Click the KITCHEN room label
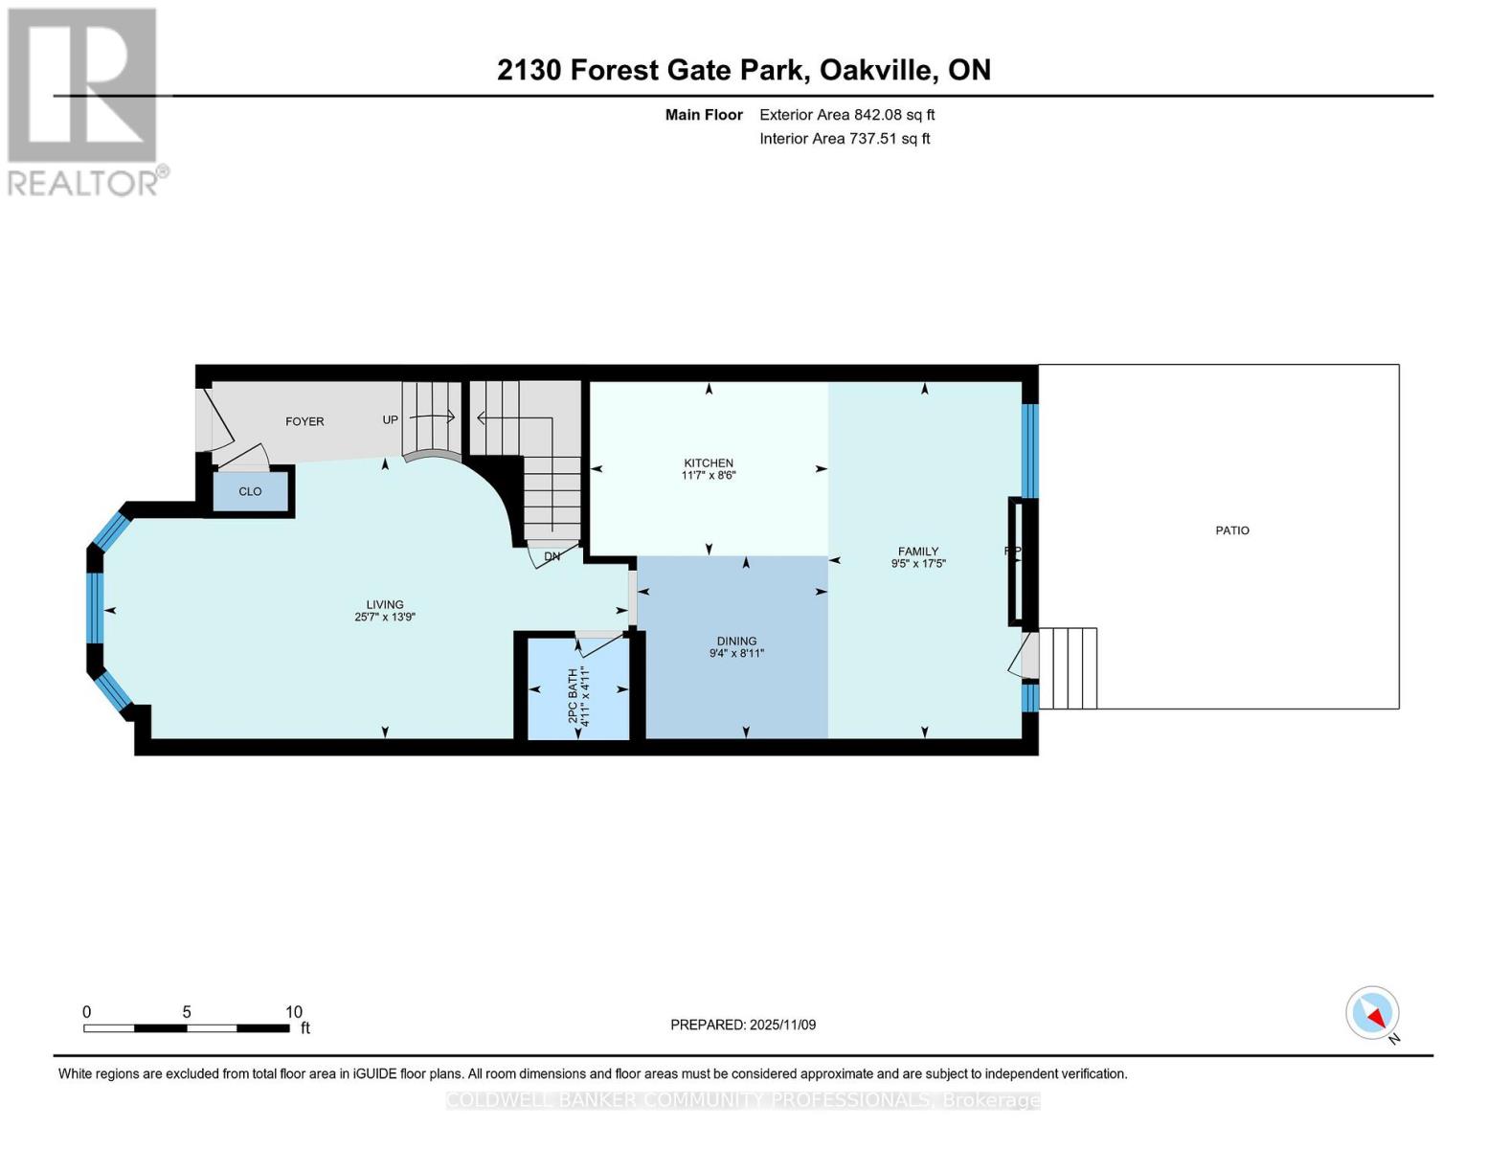(709, 463)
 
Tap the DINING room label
(736, 642)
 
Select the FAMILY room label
(917, 552)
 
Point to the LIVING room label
(385, 605)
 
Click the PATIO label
(1232, 530)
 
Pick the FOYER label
(304, 421)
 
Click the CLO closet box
(250, 491)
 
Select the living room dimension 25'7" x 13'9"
(385, 618)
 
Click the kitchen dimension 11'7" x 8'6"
(709, 475)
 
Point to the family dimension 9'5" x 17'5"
(918, 564)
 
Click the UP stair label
(391, 420)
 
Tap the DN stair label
(552, 556)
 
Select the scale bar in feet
(187, 1028)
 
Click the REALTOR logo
(84, 101)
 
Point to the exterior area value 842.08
(878, 115)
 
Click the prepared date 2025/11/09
(782, 1025)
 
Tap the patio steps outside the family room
(1068, 668)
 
